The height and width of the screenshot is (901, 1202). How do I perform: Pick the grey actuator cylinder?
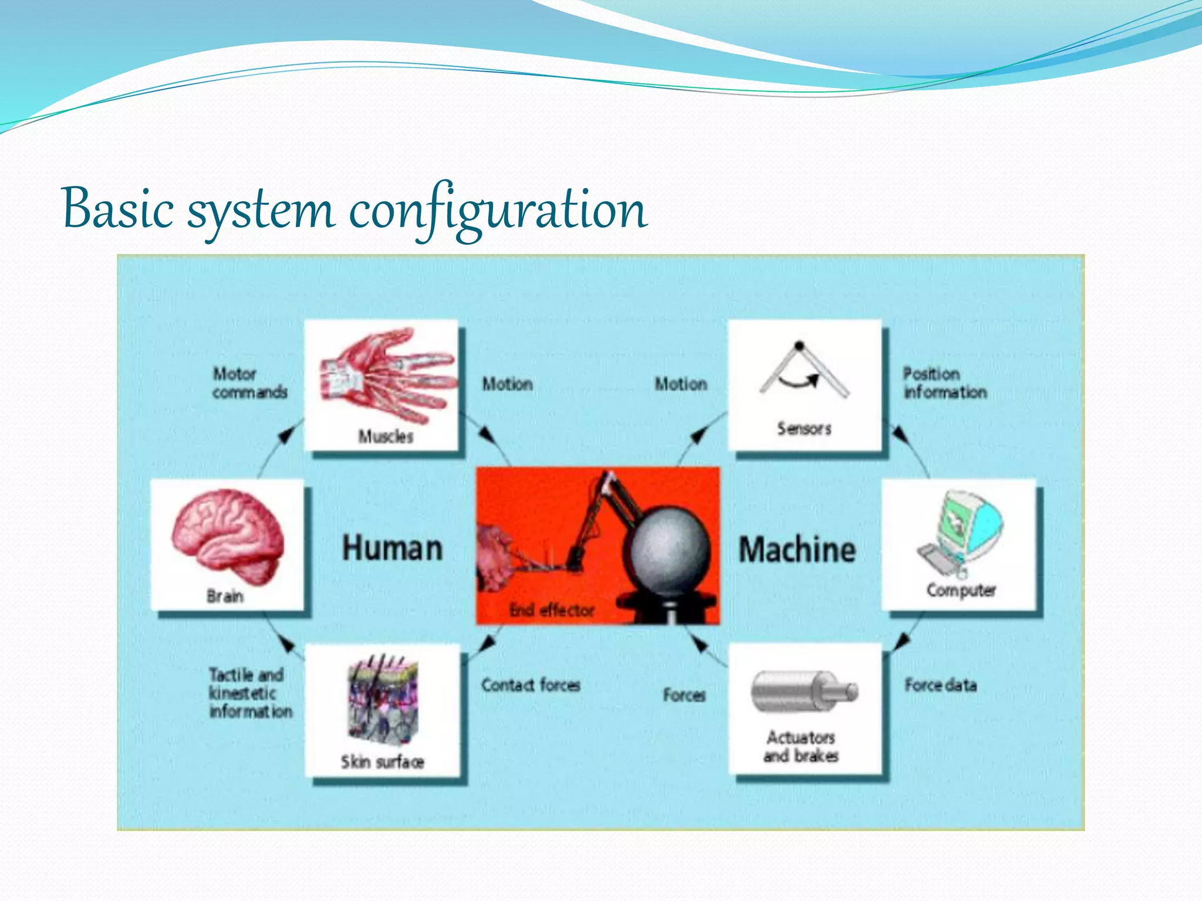point(802,692)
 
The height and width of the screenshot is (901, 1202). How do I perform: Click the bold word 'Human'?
point(392,549)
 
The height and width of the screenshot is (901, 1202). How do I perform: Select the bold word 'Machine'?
point(797,550)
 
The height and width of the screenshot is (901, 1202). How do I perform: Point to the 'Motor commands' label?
point(249,382)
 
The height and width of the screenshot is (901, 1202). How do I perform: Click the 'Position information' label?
point(944,382)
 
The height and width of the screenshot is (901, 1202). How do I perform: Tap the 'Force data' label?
point(940,685)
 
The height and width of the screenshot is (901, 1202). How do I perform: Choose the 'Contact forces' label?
point(531,685)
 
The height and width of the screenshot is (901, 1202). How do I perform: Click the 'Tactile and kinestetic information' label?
point(250,693)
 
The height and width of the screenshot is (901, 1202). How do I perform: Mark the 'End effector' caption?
point(552,611)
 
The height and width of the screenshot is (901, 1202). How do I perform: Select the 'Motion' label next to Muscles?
point(507,384)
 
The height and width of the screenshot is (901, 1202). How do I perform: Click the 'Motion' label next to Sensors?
point(681,384)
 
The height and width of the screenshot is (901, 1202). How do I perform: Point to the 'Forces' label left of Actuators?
point(684,695)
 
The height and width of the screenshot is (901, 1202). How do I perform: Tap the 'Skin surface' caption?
point(383,762)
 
